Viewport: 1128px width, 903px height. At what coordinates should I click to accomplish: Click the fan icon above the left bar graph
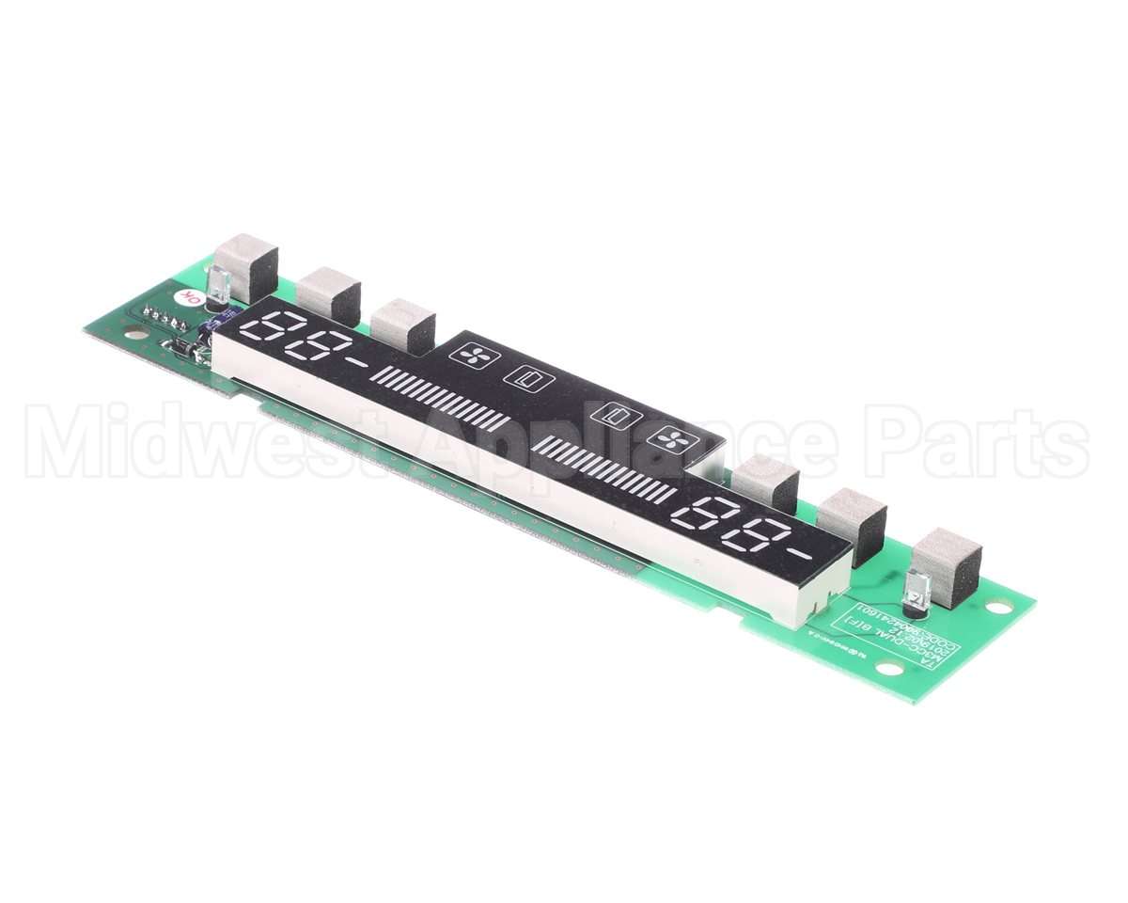coord(470,355)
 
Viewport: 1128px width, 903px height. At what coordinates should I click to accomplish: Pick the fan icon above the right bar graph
coord(673,436)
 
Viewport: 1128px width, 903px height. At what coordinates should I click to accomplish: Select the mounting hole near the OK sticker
coord(135,332)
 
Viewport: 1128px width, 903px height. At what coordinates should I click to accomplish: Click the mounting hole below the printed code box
coord(888,668)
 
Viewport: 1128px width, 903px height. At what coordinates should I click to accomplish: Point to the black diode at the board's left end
coord(183,348)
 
